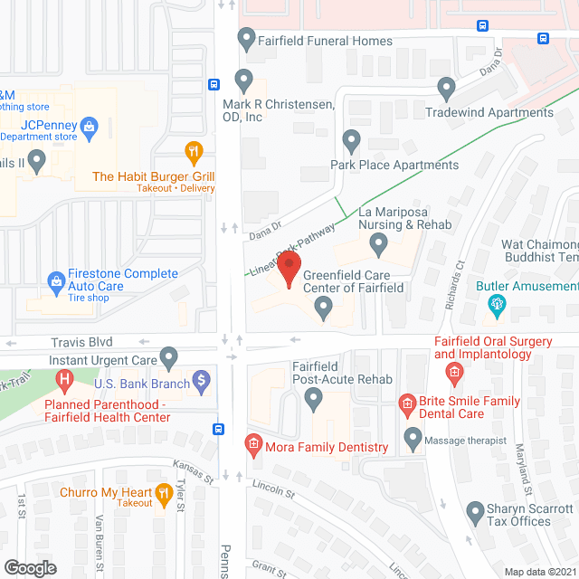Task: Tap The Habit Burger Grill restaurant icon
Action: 192,151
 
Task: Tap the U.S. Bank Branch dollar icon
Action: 202,383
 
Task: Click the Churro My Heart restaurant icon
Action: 164,493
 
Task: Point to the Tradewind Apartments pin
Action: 445,89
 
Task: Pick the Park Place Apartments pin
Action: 352,141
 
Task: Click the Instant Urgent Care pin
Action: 168,357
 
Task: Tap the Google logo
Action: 29,567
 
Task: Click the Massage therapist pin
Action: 413,440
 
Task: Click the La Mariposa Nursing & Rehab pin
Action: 379,242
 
